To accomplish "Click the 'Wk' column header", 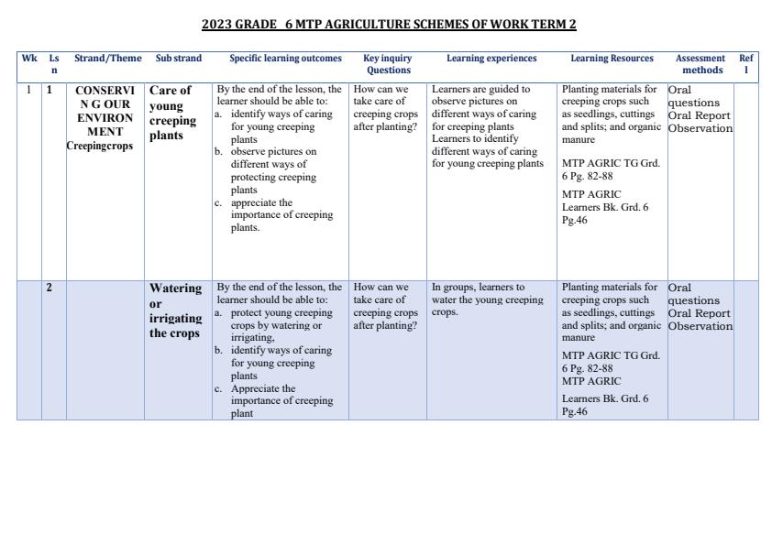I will tap(29, 59).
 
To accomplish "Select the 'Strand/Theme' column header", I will tap(108, 59).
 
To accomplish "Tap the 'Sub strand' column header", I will tap(178, 59).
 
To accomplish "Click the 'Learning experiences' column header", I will tap(491, 59).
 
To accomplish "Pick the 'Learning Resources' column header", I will tap(612, 59).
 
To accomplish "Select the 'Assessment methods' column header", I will tap(700, 64).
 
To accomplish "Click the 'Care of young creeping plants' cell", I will tap(172, 113).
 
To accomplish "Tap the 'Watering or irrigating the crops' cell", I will tap(175, 311).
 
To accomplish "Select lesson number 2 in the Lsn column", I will tap(50, 288).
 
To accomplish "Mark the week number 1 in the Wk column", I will tap(29, 91).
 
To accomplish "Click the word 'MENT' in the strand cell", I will tap(105, 132).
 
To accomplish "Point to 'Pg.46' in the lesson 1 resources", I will tap(574, 221).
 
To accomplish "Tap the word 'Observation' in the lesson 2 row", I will tap(700, 326).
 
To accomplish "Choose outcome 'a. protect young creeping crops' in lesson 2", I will tap(275, 312).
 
